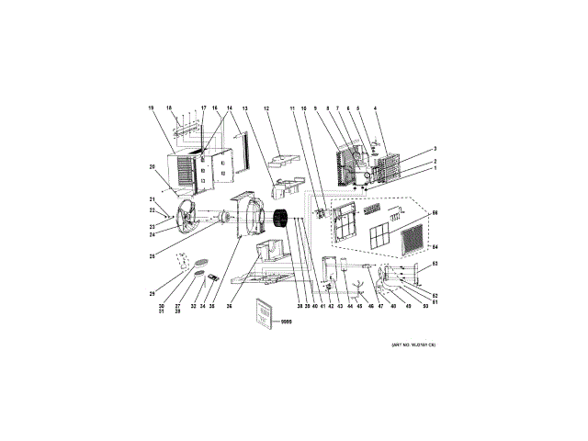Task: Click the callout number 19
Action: [151, 108]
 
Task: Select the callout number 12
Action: [266, 108]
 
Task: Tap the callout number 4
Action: [375, 108]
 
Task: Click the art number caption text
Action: [413, 345]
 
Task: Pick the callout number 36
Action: [230, 306]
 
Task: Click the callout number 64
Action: [435, 246]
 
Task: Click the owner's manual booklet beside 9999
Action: [263, 312]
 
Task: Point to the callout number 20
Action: [152, 166]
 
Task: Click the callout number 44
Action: [351, 306]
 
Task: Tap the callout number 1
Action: [435, 168]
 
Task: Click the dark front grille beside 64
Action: [413, 242]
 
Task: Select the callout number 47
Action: [381, 306]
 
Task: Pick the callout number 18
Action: [169, 108]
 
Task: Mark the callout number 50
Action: [425, 306]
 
